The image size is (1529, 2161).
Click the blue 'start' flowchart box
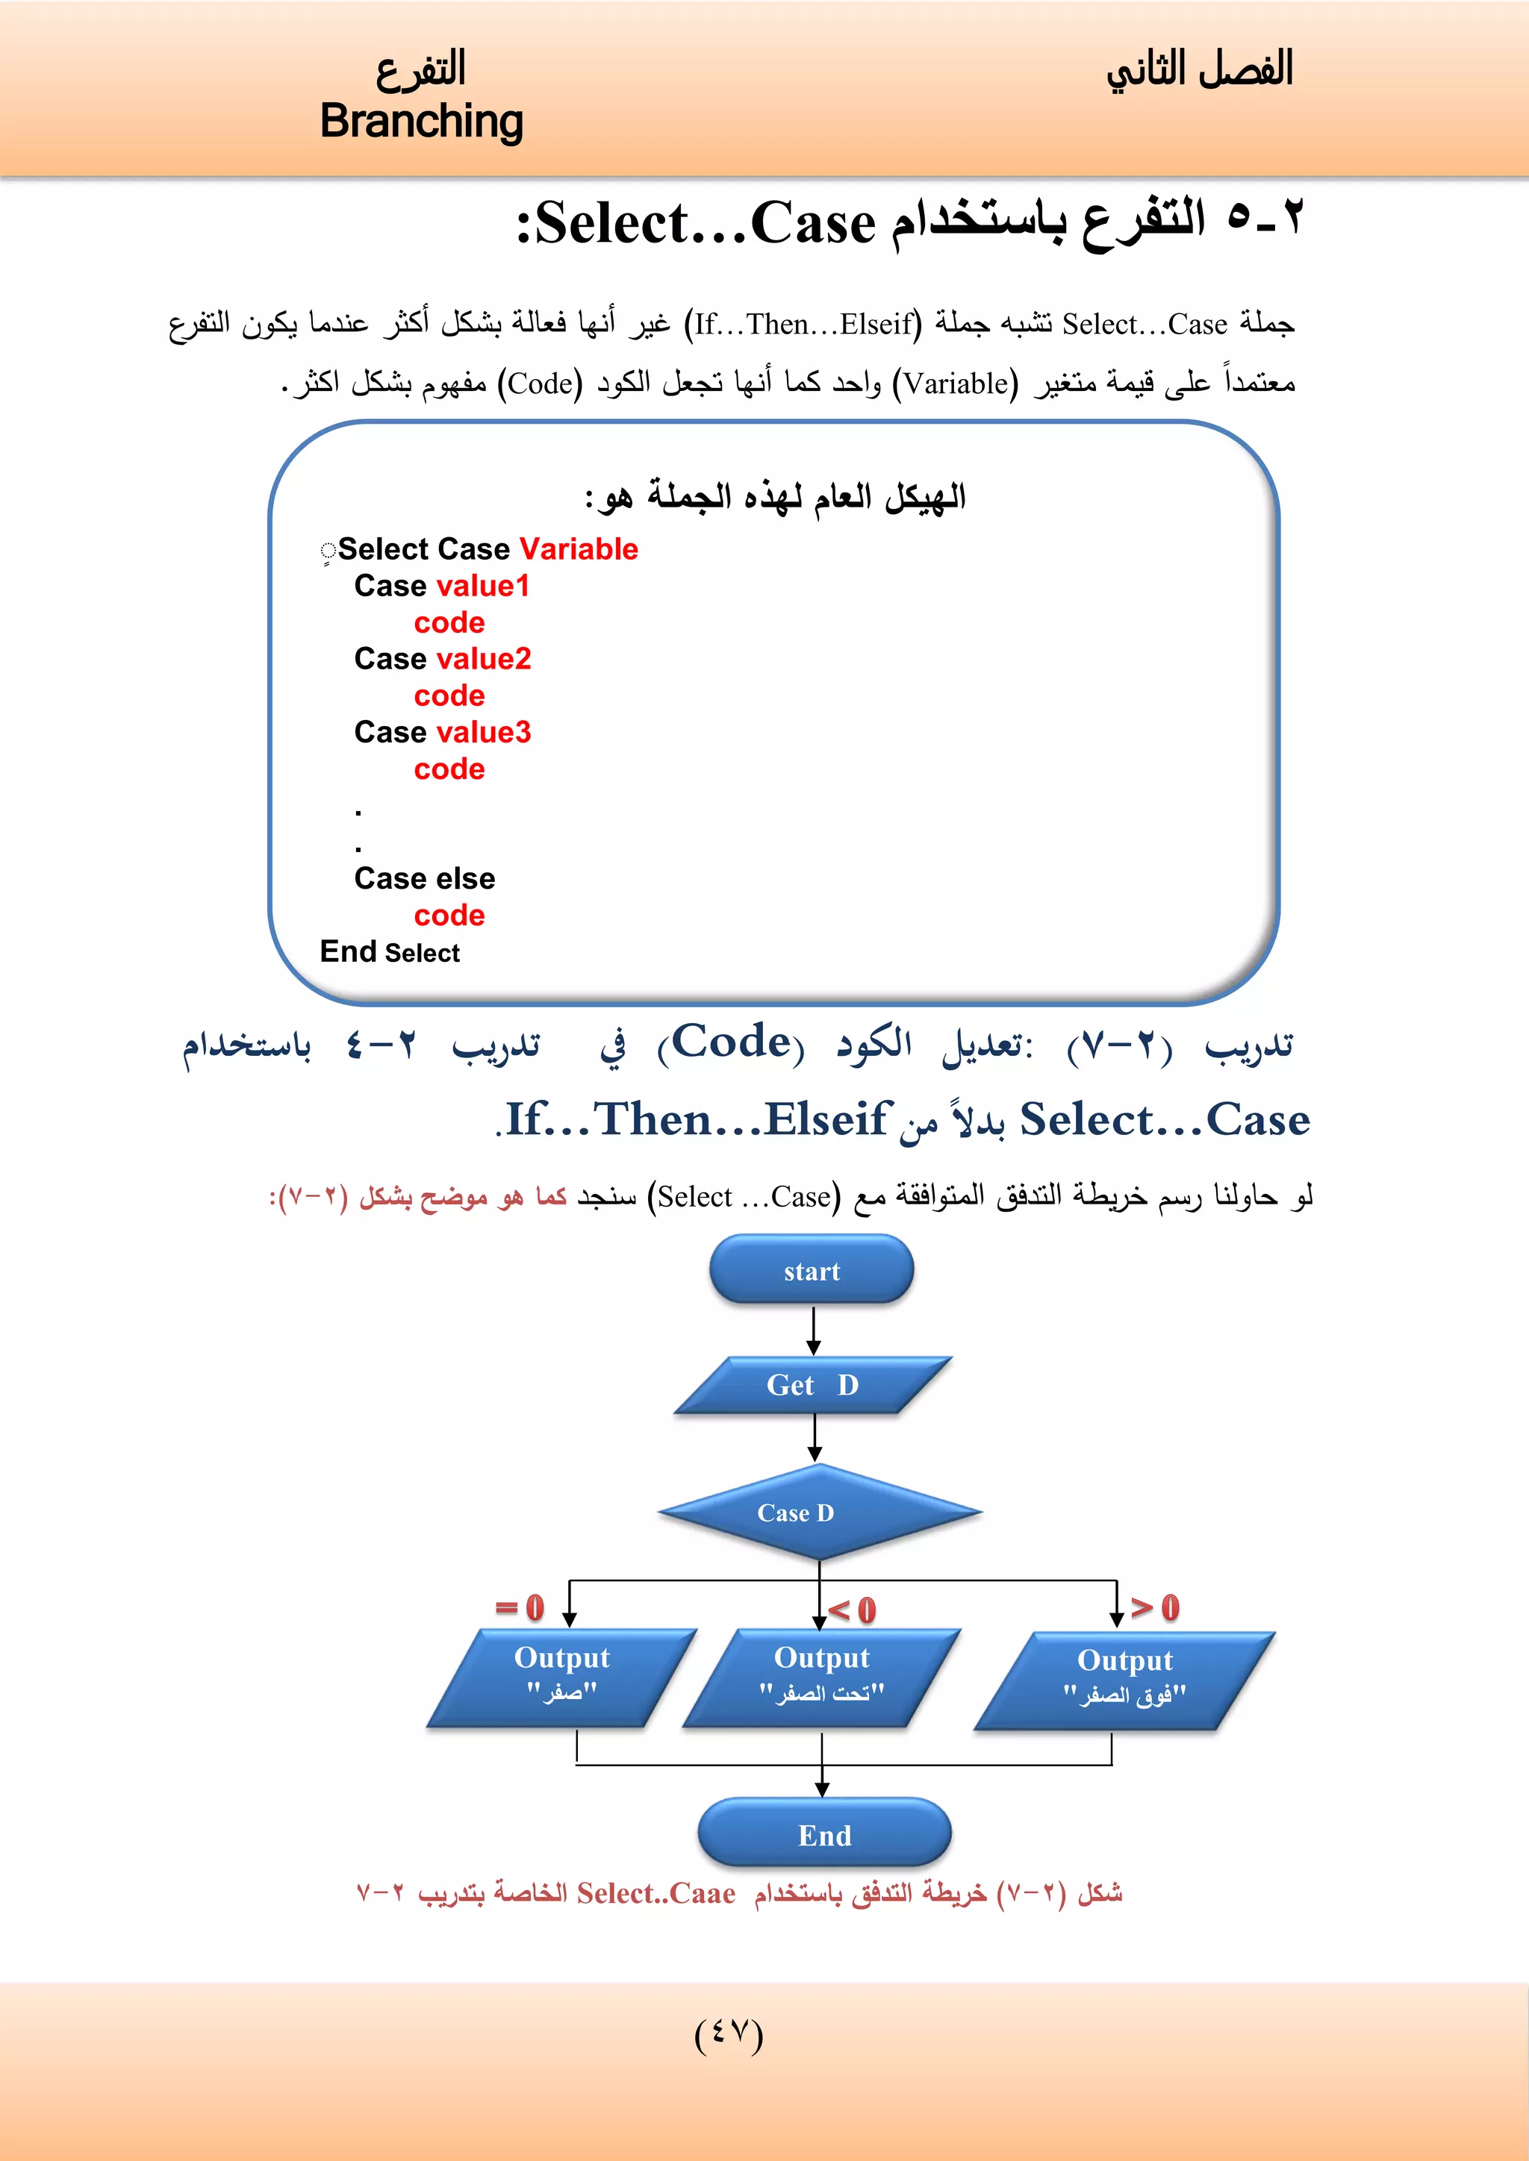[x=811, y=1271]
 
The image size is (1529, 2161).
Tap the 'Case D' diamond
[x=818, y=1512]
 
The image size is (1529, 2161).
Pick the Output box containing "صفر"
[x=562, y=1676]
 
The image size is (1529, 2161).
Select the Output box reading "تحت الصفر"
[x=822, y=1676]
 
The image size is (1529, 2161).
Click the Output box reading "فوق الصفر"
[x=1124, y=1679]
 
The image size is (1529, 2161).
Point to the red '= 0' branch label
[x=520, y=1607]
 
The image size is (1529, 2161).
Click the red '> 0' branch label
[x=1154, y=1607]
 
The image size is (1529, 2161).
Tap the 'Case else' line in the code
[x=425, y=878]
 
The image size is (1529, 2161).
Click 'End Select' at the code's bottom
[x=390, y=952]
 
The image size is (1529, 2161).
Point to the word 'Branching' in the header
[x=421, y=122]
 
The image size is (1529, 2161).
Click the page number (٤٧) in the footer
[x=728, y=2034]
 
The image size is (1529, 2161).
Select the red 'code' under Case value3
[x=449, y=769]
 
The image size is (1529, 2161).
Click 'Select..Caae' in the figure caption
[x=655, y=1893]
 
